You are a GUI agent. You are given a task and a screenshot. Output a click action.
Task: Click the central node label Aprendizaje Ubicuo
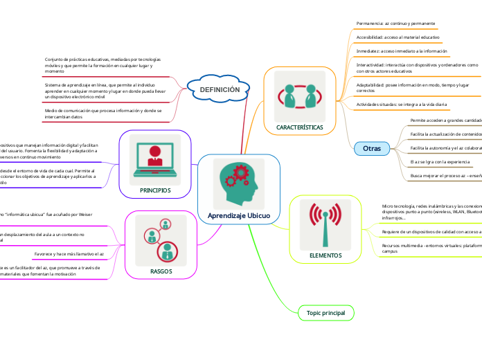click(239, 216)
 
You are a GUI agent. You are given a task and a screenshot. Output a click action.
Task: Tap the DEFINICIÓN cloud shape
click(220, 90)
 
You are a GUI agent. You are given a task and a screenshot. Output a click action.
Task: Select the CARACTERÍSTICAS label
click(299, 128)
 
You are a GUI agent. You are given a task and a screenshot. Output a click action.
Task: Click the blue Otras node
click(372, 148)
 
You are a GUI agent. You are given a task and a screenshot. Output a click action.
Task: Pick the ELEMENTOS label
click(325, 255)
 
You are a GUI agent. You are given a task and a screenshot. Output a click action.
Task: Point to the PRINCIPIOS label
click(155, 190)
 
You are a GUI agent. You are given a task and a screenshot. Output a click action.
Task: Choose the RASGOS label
click(161, 271)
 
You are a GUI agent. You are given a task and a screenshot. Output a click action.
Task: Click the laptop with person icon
click(155, 159)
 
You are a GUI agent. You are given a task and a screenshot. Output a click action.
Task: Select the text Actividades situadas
click(402, 104)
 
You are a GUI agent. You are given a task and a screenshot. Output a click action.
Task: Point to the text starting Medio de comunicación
click(102, 114)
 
